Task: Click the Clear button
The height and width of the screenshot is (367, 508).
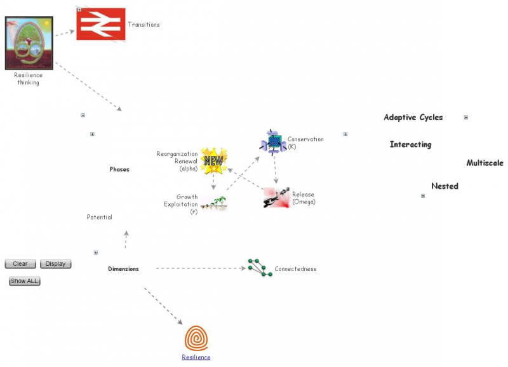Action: [x=20, y=264]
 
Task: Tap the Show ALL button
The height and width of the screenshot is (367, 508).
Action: [x=25, y=281]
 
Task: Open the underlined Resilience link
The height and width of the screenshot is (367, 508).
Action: [x=196, y=357]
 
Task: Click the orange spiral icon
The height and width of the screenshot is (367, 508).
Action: [x=196, y=338]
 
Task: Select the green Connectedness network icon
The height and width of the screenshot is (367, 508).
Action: [x=257, y=267]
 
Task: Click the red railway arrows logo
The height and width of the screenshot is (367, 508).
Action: [x=100, y=24]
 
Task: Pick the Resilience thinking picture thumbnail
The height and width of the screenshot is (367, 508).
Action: [x=29, y=43]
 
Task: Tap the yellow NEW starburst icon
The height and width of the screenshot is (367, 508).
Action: [x=213, y=160]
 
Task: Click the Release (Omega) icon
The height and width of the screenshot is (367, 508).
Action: [x=276, y=198]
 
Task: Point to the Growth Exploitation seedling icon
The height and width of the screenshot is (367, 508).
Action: [x=213, y=204]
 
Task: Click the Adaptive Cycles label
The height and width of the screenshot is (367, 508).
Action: [x=413, y=118]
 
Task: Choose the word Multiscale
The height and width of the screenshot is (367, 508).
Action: [x=485, y=163]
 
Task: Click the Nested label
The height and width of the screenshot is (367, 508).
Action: [x=444, y=186]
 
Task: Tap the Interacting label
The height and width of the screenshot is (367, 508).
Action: [x=410, y=145]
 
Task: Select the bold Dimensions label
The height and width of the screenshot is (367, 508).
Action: [x=123, y=269]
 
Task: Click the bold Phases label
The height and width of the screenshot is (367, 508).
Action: [x=119, y=170]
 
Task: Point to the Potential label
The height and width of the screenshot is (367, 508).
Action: [x=99, y=218]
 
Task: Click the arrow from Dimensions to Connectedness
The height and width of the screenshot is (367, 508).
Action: [x=200, y=268]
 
